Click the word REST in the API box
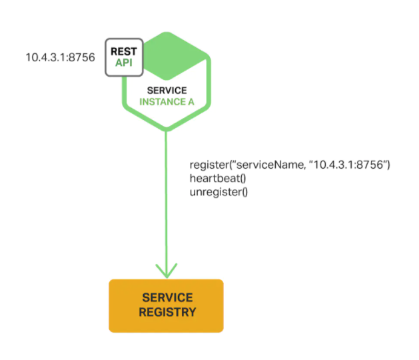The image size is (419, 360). [123, 51]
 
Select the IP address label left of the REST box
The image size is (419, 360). [60, 57]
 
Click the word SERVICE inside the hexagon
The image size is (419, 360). [167, 91]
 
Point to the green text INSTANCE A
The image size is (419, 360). [167, 102]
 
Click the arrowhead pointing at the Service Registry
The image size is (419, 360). [166, 271]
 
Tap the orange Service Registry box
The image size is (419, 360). [166, 305]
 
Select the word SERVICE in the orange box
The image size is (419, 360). [167, 297]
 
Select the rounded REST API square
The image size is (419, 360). [123, 56]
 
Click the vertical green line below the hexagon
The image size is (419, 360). [166, 200]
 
